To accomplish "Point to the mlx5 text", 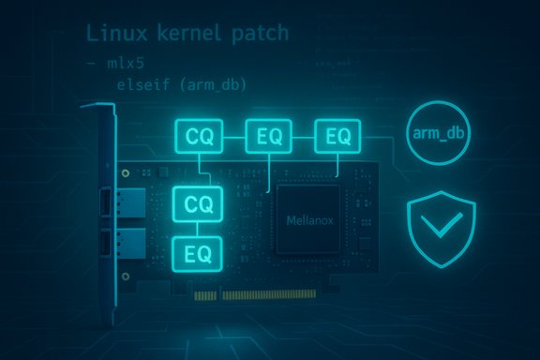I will pos(128,63).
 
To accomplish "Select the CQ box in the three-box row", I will pos(200,137).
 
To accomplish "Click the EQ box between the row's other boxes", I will pos(269,137).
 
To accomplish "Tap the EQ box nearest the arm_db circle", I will pos(337,137).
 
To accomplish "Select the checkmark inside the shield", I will pos(440,226).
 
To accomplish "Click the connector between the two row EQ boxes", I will pos(304,137).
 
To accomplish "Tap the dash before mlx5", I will pos(91,63).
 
